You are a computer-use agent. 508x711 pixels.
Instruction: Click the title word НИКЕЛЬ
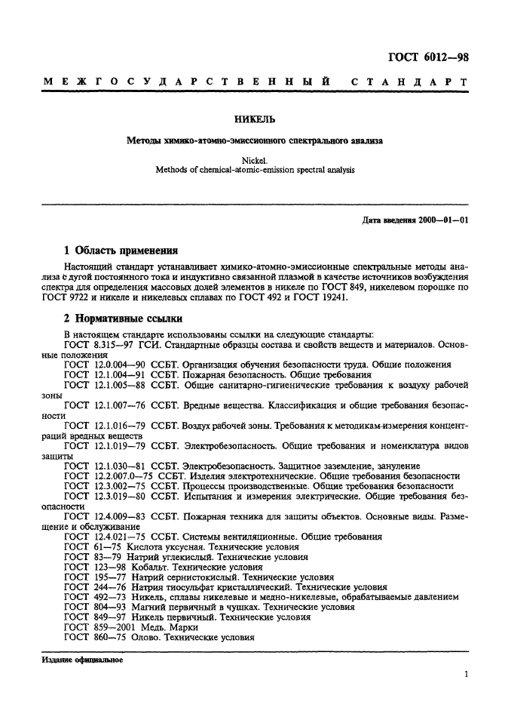pos(254,119)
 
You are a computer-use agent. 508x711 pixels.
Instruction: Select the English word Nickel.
pos(254,160)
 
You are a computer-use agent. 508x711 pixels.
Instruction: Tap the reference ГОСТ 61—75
pos(87,546)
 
